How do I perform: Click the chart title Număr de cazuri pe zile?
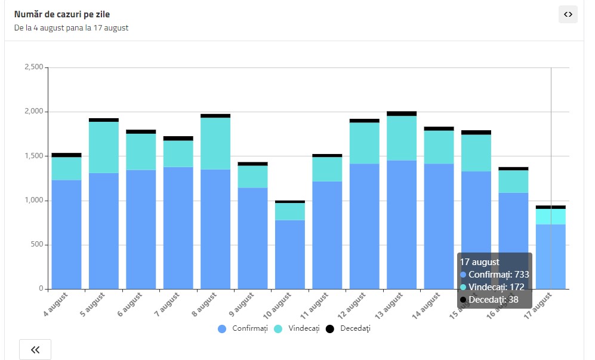pyautogui.click(x=61, y=14)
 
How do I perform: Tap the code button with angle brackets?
pyautogui.click(x=568, y=14)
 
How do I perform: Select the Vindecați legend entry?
pyautogui.click(x=297, y=329)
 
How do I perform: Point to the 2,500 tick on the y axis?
pyautogui.click(x=33, y=67)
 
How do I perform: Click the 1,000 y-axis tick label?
pyautogui.click(x=33, y=201)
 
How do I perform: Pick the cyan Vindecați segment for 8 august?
pyautogui.click(x=215, y=143)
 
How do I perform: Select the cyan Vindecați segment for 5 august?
pyautogui.click(x=104, y=147)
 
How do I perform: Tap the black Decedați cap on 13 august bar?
pyautogui.click(x=402, y=113)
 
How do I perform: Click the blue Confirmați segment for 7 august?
pyautogui.click(x=178, y=227)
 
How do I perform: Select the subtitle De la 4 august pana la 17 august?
pyautogui.click(x=71, y=27)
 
